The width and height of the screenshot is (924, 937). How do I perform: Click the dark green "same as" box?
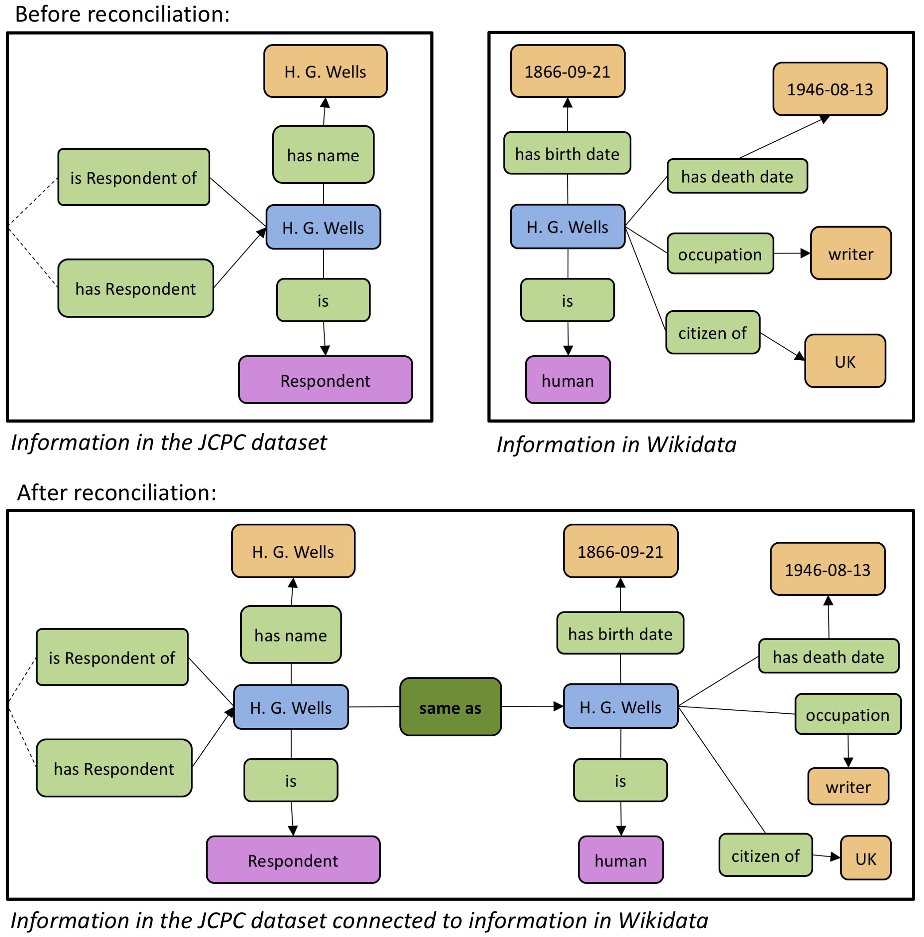click(450, 707)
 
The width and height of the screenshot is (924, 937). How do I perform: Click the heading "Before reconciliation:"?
click(122, 14)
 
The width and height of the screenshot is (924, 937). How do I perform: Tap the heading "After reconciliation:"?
click(116, 492)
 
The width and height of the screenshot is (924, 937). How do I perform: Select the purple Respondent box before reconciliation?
click(325, 380)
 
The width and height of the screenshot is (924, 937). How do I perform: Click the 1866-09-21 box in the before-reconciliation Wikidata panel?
click(567, 71)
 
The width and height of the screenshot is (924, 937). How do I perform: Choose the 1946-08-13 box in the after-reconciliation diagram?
click(827, 569)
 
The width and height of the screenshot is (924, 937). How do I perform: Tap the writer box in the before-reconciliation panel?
click(851, 253)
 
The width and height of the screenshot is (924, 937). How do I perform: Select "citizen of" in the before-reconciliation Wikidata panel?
click(712, 332)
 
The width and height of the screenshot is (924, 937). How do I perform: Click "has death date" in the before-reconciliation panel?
click(737, 176)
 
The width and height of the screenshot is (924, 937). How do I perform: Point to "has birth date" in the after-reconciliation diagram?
click(620, 633)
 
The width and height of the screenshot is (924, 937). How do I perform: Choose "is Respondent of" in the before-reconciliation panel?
click(133, 177)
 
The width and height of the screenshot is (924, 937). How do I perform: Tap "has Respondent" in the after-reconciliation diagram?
click(114, 768)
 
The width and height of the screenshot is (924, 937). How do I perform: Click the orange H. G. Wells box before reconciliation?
click(325, 71)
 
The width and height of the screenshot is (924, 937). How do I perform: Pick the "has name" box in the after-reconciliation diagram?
click(291, 634)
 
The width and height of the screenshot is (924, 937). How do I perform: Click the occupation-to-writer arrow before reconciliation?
click(791, 253)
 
